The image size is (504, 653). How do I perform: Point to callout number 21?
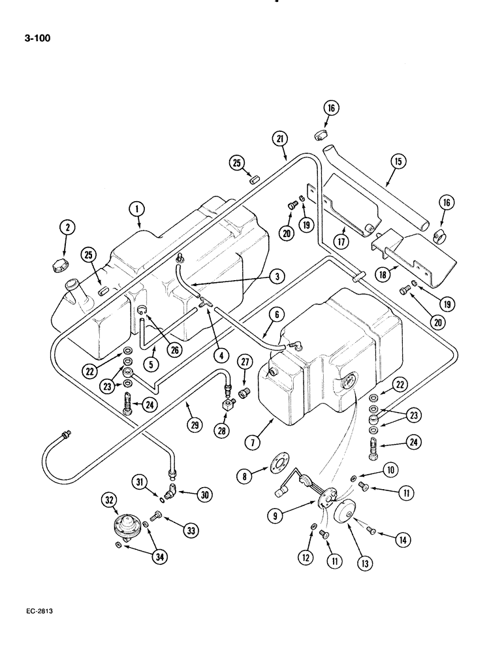[280, 138]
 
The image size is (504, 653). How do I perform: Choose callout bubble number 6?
[276, 315]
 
